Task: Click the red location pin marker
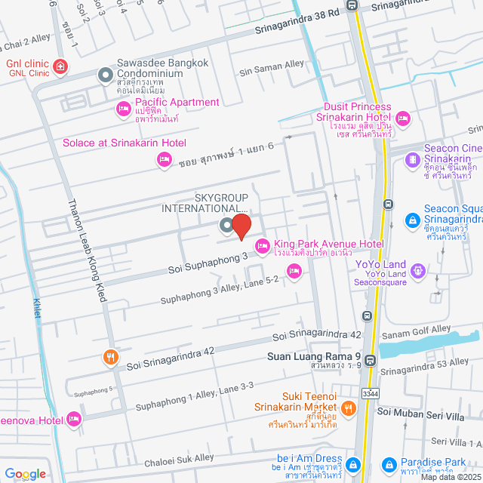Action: [241, 226]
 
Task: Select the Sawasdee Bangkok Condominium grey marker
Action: [105, 74]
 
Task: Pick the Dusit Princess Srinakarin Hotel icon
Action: [402, 117]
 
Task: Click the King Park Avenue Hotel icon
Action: [263, 245]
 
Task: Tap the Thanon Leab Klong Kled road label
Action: [88, 249]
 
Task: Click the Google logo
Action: [25, 473]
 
